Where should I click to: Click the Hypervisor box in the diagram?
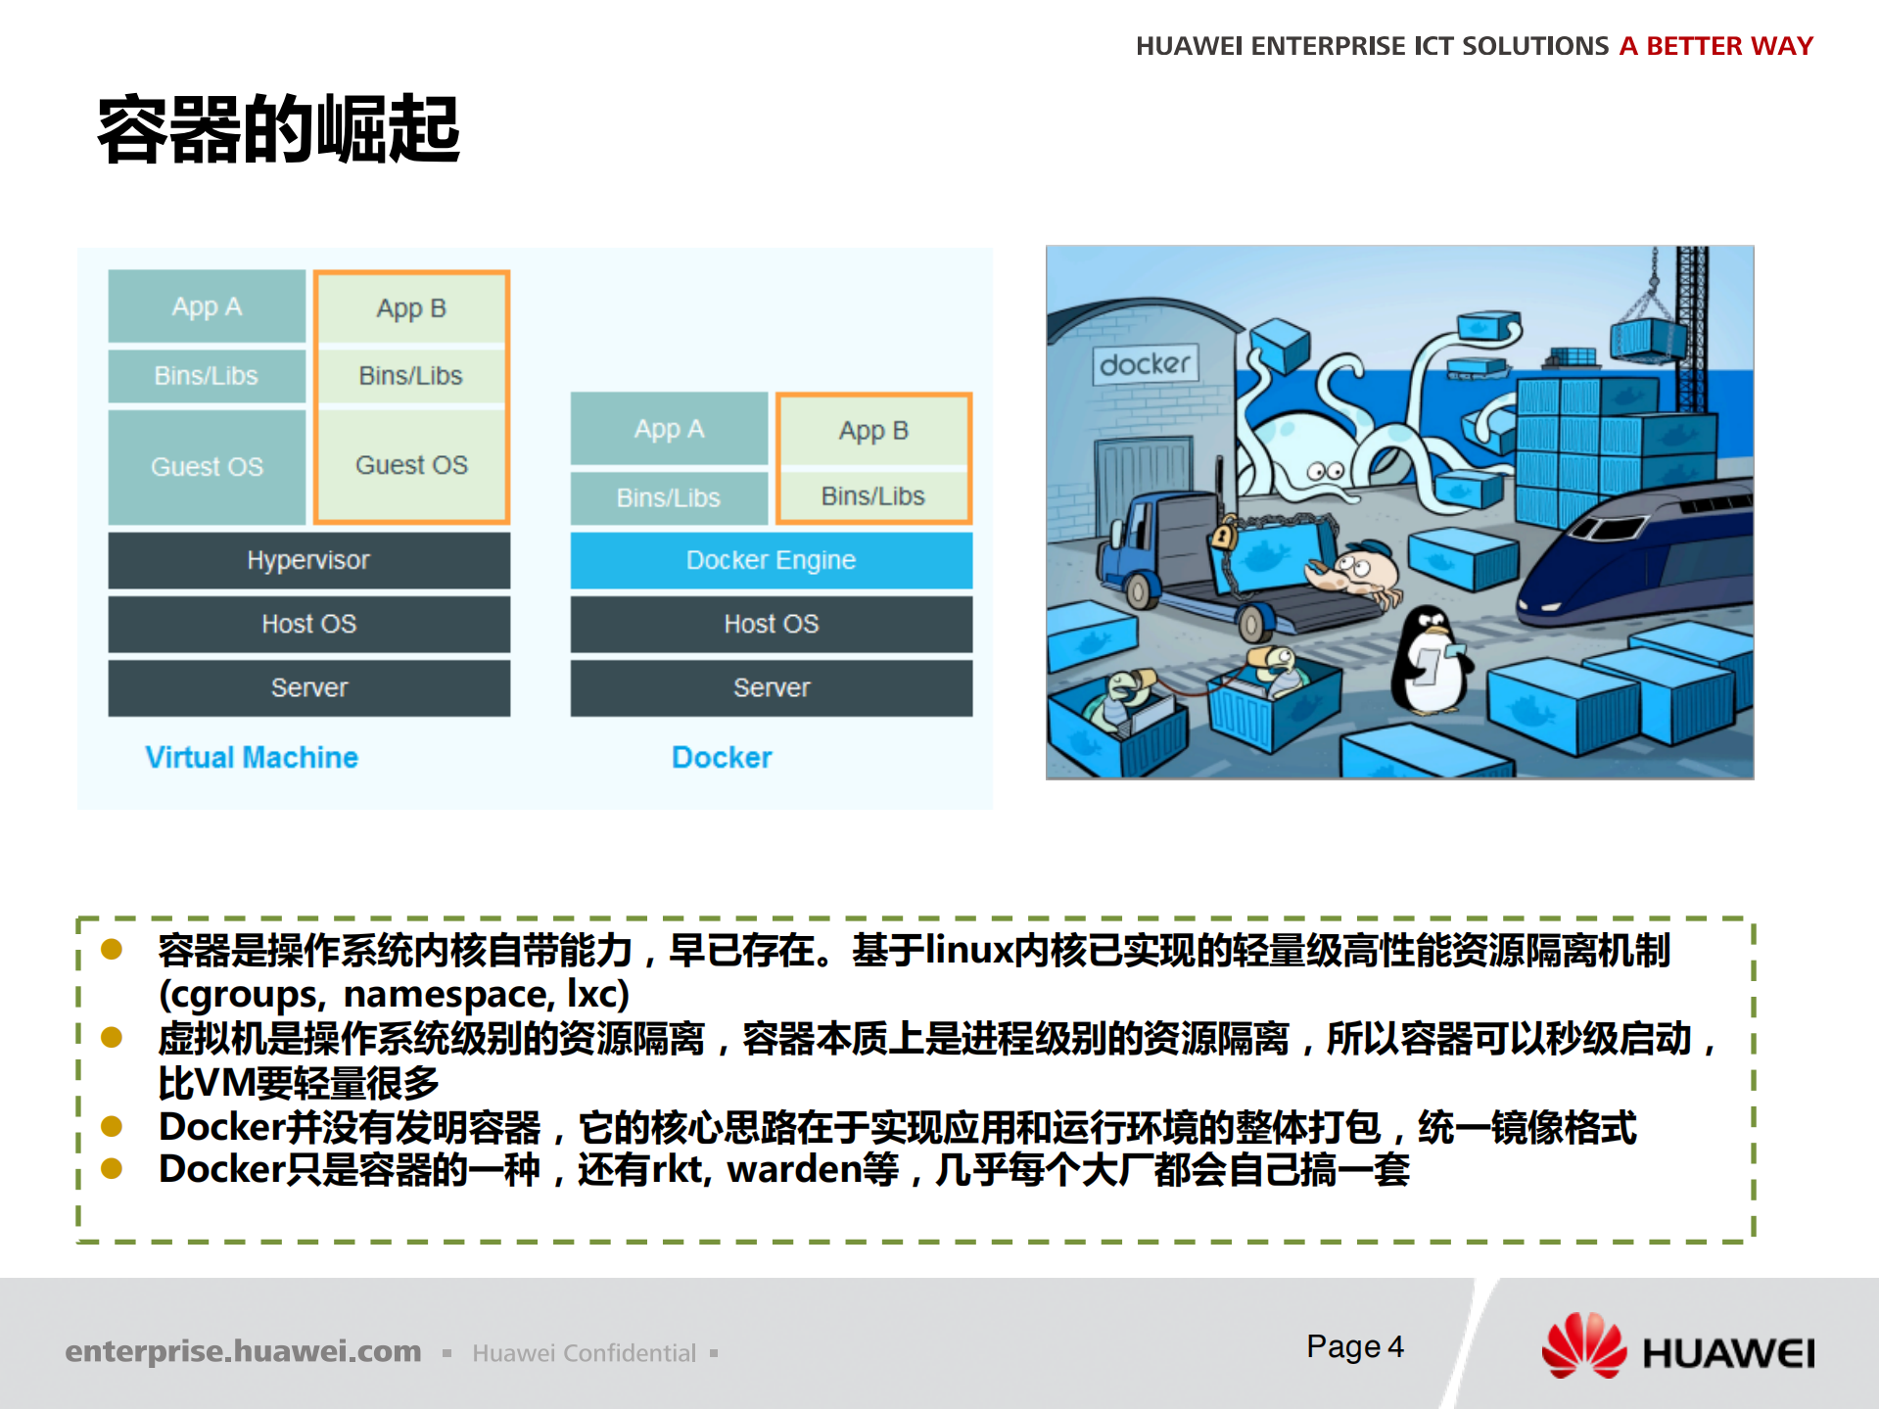coord(308,560)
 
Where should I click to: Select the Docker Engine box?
coord(771,560)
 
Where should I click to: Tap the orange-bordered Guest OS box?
coord(411,465)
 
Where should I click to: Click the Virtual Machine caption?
coord(252,757)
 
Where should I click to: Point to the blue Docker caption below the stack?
coord(722,757)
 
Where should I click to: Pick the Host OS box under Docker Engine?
coord(771,624)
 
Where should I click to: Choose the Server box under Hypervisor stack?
coord(308,687)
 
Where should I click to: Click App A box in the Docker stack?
coord(669,429)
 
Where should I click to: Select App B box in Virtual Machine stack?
coord(411,308)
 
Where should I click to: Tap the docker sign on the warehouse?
coord(1145,364)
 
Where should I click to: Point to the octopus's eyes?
coord(1326,472)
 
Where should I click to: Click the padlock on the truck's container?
coord(1222,536)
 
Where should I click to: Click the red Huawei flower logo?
coord(1583,1346)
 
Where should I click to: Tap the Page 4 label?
coord(1354,1346)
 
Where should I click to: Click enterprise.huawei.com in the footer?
coord(243,1351)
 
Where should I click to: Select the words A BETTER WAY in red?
coord(1715,46)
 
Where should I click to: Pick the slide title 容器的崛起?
coord(279,129)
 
